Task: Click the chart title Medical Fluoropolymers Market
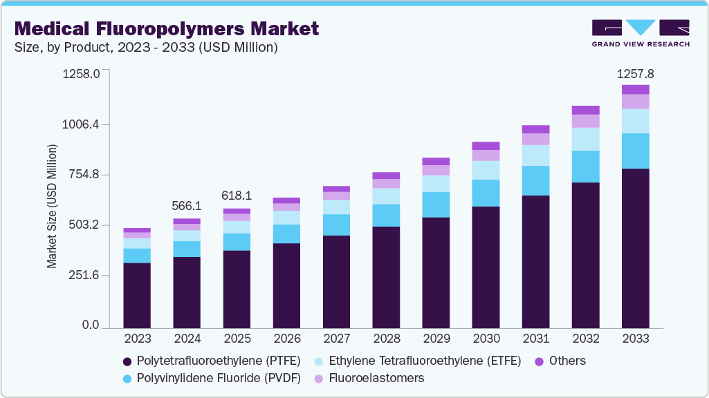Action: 166,28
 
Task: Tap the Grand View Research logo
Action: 641,32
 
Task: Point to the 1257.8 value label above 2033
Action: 635,73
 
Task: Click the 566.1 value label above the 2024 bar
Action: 187,206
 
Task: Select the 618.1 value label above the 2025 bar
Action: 237,196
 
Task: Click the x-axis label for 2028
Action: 386,339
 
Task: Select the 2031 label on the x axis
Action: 535,339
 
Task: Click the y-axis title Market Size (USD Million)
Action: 52,206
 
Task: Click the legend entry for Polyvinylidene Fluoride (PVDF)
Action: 211,378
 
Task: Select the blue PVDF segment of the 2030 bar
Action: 486,193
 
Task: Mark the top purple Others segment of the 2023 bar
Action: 137,230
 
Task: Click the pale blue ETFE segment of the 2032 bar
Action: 585,139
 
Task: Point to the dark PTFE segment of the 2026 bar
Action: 286,285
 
